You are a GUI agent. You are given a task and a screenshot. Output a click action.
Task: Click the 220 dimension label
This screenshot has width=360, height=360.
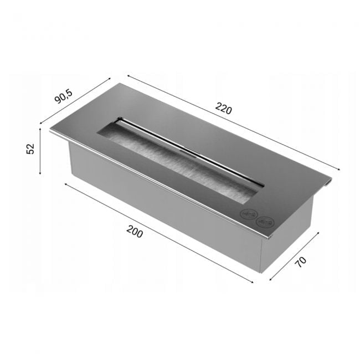pos(223,109)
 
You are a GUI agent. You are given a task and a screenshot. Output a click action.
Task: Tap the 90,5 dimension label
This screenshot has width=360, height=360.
pos(63,96)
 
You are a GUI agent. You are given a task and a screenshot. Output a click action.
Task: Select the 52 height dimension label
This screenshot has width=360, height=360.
pos(30,148)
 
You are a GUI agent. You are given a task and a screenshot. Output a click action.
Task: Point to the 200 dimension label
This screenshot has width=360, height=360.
pos(135,232)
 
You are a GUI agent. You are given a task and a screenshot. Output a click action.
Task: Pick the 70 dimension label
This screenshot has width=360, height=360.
pos(300,262)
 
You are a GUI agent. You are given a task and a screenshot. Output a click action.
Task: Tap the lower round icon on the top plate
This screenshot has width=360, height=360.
pos(265,222)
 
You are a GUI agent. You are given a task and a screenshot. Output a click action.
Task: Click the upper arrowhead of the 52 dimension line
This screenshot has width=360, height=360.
pos(40,130)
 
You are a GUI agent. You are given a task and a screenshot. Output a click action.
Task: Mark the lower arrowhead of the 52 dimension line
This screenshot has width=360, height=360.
pos(40,172)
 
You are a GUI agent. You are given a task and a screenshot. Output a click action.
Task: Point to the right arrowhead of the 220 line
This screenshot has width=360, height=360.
pos(338,169)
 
